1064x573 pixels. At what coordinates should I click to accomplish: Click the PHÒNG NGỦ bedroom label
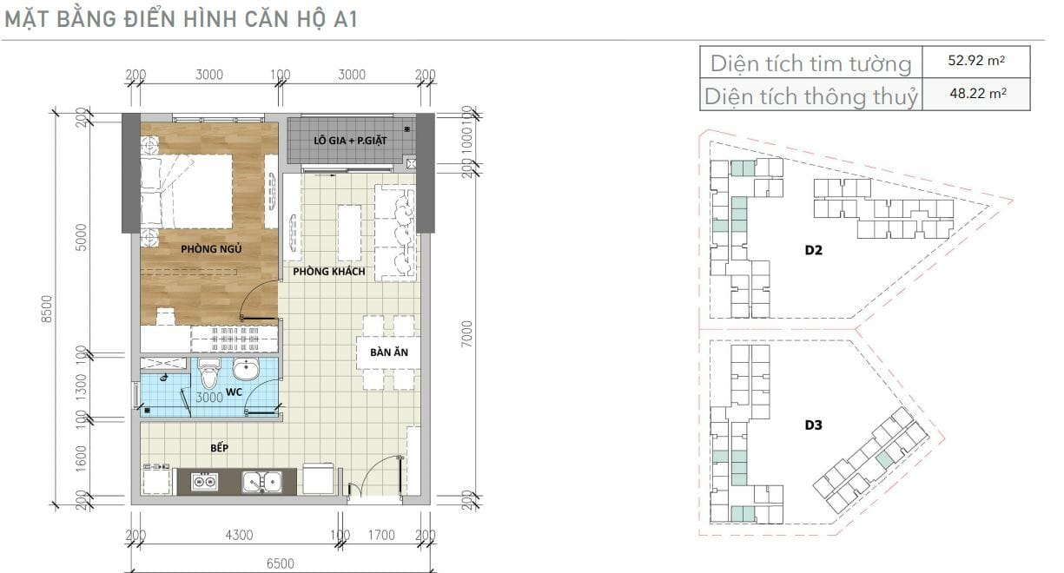(x=211, y=248)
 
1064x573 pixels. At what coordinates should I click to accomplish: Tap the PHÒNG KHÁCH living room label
(x=329, y=271)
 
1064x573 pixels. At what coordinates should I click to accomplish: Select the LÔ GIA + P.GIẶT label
(x=350, y=141)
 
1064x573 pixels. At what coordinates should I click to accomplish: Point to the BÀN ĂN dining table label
(x=389, y=352)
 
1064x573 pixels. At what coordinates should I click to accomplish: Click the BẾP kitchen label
(x=220, y=448)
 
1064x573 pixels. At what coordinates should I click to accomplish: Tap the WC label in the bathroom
(x=234, y=392)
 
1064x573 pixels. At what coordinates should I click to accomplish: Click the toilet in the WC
(x=209, y=372)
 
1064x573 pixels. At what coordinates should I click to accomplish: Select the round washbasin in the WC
(x=246, y=369)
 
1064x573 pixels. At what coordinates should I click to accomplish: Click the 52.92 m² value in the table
(x=976, y=60)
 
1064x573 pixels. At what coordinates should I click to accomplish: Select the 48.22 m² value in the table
(x=977, y=93)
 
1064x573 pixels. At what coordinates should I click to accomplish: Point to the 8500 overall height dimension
(x=46, y=309)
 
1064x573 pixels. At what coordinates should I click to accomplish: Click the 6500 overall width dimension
(x=281, y=563)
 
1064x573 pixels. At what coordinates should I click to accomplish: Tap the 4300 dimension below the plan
(x=239, y=535)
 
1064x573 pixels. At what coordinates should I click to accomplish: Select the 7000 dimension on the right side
(x=467, y=333)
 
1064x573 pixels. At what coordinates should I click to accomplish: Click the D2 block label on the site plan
(x=813, y=250)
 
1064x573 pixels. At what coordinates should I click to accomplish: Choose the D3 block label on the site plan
(x=813, y=425)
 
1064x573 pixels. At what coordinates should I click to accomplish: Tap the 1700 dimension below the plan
(x=381, y=535)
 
